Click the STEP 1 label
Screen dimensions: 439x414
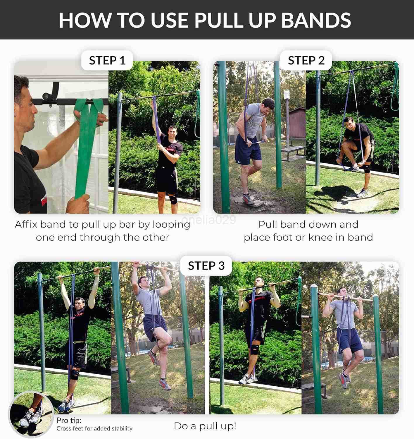(107, 61)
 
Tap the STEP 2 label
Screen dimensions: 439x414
(306, 61)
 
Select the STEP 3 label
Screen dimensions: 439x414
(206, 266)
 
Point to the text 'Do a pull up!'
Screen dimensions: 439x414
(205, 426)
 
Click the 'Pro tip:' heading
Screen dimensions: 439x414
(69, 420)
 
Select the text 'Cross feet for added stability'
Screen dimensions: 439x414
(94, 428)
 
